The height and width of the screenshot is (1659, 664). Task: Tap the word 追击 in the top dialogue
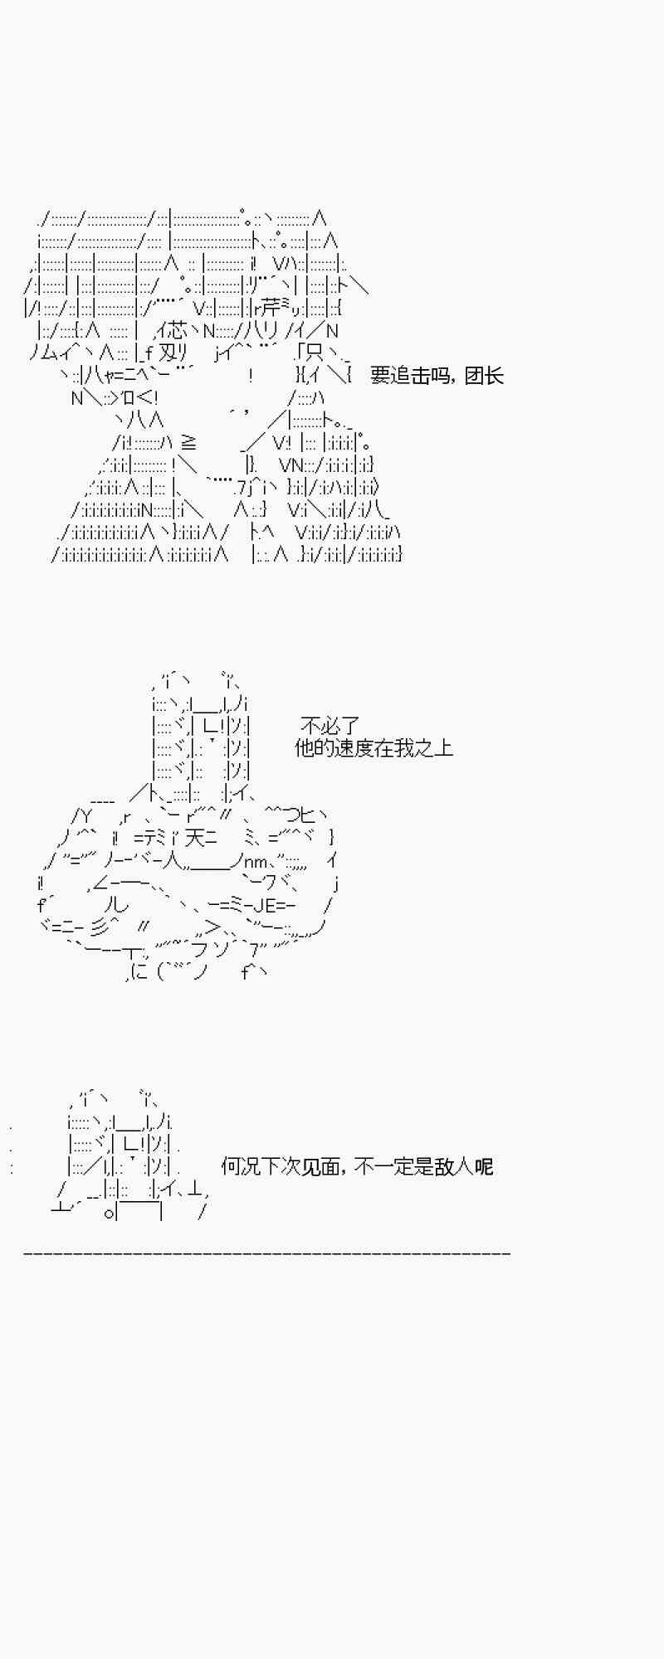point(409,376)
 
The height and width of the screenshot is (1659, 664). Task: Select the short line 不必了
point(330,726)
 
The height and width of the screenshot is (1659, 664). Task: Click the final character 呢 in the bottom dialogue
point(484,1167)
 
